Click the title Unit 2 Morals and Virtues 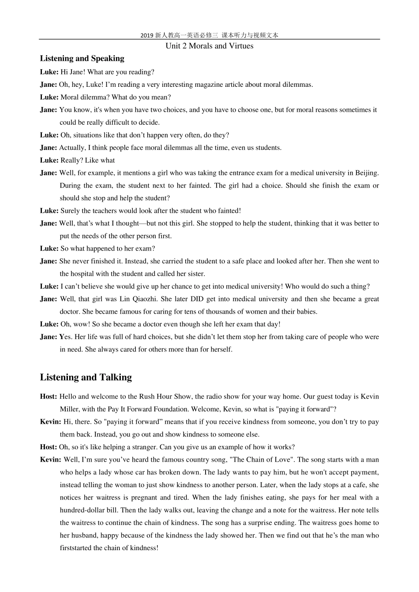click(209, 46)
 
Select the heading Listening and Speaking click(82, 59)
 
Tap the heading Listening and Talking click(86, 377)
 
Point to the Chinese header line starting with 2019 click(209, 35)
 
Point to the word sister click(195, 274)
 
